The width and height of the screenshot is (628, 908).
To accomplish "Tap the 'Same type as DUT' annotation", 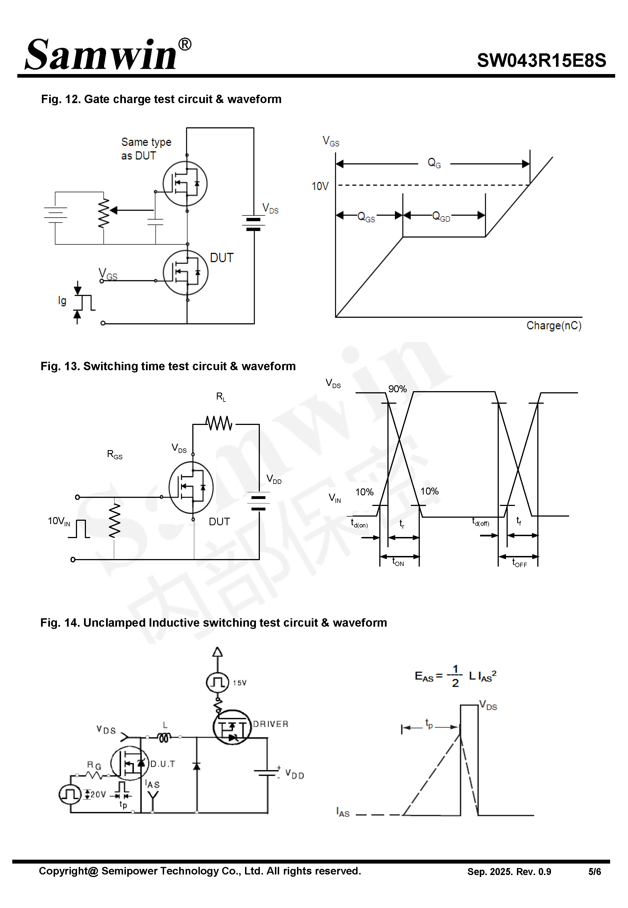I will [146, 148].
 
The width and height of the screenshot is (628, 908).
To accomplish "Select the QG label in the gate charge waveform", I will [434, 163].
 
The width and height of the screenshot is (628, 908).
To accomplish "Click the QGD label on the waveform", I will [441, 217].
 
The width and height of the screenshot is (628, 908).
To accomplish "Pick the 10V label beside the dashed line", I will [320, 186].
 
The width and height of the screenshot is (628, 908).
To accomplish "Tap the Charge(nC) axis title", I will [554, 326].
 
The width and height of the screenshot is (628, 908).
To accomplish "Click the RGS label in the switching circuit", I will [114, 454].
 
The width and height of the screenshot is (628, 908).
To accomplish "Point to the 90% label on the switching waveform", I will [397, 389].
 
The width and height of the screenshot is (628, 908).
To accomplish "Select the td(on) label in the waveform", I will [359, 523].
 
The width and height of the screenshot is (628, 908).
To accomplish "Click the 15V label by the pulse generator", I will [239, 683].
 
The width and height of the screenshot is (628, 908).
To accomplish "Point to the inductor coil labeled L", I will [164, 737].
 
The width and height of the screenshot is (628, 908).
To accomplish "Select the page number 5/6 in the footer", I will [594, 872].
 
